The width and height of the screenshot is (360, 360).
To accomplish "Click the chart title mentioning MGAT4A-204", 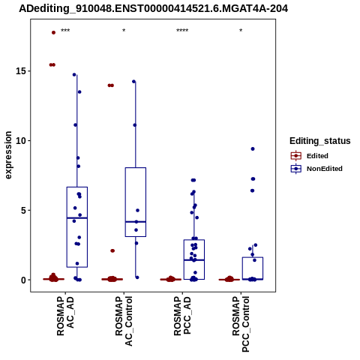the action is [153, 9].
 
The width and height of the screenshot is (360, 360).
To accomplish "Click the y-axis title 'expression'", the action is [8, 155].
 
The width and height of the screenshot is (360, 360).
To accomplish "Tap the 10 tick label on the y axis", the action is [21, 141].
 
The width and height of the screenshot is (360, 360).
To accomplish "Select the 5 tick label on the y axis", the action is [23, 210].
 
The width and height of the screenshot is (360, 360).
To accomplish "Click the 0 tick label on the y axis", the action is [23, 280].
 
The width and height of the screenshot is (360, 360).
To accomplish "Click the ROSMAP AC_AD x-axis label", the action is [65, 316].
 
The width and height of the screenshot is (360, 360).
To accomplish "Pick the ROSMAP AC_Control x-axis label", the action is [124, 321].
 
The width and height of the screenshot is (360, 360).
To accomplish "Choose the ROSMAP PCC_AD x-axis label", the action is [182, 316].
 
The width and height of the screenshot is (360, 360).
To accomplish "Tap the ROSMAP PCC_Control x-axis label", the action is [241, 324].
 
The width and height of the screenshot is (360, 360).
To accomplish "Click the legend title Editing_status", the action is [320, 141].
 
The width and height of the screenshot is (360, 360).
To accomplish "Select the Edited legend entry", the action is [317, 156].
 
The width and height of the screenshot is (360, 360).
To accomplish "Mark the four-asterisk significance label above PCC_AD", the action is [182, 31].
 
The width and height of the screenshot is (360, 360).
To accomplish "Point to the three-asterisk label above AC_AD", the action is [65, 31].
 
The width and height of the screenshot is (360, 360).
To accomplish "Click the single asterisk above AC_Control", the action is [124, 31].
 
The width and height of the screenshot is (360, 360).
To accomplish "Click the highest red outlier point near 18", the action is [53, 32].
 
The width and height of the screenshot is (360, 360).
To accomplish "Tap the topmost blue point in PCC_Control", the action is [253, 149].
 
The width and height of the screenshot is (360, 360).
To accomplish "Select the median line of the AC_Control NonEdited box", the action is [136, 222].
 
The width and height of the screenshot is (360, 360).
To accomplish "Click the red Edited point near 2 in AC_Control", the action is [112, 250].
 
